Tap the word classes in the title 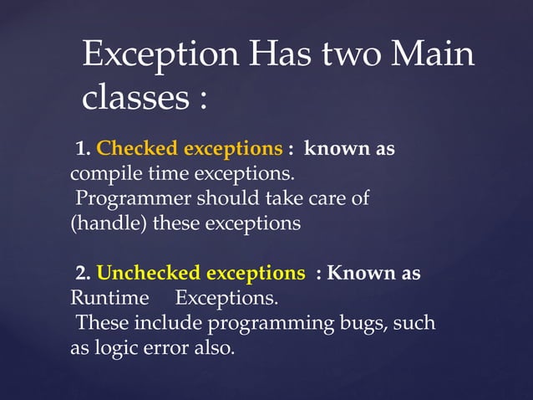[x=133, y=100]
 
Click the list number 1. [x=82, y=150]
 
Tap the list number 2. [x=82, y=274]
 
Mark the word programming [x=264, y=323]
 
